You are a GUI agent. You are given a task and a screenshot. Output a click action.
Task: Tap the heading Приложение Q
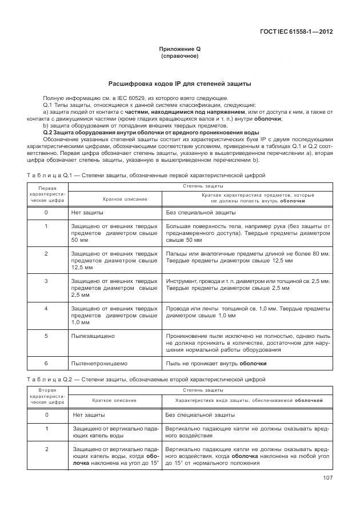point(179,49)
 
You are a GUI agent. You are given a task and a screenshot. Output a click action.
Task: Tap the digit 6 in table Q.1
point(46,363)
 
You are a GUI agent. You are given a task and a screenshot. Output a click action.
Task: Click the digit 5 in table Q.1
point(46,336)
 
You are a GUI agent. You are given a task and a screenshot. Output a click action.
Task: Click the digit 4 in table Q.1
point(46,308)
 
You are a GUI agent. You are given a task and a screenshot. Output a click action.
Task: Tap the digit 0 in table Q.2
point(46,415)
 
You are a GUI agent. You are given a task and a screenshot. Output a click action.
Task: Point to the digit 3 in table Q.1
point(46,281)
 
